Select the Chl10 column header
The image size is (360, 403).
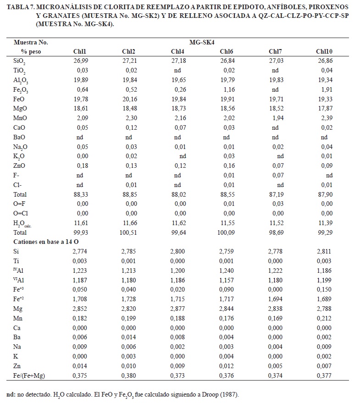[324, 51]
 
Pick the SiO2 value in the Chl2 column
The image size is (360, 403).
[129, 60]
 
